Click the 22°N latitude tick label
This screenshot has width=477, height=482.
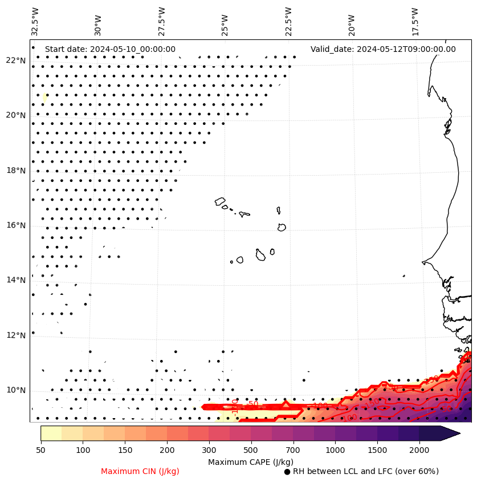pyautogui.click(x=16, y=60)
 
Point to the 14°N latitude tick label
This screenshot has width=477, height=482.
pyautogui.click(x=16, y=280)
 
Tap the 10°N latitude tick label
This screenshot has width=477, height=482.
pyautogui.click(x=16, y=390)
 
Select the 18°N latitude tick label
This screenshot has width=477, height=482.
pyautogui.click(x=16, y=171)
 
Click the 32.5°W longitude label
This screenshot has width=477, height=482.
pyautogui.click(x=35, y=21)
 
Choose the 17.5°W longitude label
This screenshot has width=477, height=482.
pyautogui.click(x=415, y=21)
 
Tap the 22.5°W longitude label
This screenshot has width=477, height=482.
pyautogui.click(x=288, y=21)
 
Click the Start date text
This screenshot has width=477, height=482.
pyautogui.click(x=110, y=49)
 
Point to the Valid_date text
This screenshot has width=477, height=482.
pyautogui.click(x=383, y=49)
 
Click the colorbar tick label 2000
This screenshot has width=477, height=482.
pyautogui.click(x=419, y=451)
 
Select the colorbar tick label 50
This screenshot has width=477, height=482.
pyautogui.click(x=40, y=451)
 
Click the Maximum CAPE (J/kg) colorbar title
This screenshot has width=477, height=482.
pyautogui.click(x=250, y=461)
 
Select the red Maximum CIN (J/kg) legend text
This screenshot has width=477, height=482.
pyautogui.click(x=140, y=471)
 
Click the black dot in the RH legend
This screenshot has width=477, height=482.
pyautogui.click(x=287, y=472)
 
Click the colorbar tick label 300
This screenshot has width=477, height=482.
pyautogui.click(x=209, y=451)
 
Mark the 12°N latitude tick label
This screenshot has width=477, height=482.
pyautogui.click(x=16, y=335)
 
